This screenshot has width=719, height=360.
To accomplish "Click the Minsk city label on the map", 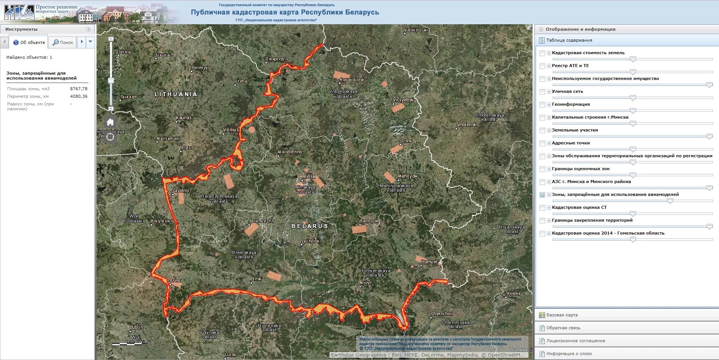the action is (309, 177).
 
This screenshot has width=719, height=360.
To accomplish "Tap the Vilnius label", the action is (231, 130).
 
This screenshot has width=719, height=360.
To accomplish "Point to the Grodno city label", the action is (181, 191).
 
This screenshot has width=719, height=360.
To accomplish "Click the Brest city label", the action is (175, 281).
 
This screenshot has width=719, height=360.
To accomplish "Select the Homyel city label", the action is (429, 262).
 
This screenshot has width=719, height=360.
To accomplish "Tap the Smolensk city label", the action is (466, 125).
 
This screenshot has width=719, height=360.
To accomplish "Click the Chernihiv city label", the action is (442, 314).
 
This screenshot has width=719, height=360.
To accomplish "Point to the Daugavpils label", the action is (277, 59).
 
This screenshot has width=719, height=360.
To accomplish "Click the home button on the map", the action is (110, 122).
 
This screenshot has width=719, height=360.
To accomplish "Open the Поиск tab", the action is (63, 42).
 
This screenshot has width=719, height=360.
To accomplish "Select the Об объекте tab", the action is (29, 42).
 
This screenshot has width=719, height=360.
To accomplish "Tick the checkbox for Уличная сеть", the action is (542, 92).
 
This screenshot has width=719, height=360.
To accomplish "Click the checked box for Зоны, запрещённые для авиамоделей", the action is (542, 195).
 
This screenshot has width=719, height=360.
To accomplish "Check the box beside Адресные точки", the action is (542, 143).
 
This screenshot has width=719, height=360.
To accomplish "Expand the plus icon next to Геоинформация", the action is (549, 105).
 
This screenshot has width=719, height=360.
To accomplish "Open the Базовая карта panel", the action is (562, 315).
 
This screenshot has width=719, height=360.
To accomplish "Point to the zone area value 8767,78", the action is (78, 89).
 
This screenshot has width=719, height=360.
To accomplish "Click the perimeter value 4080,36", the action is (78, 96).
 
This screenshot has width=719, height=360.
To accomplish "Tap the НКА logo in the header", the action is (19, 12).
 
